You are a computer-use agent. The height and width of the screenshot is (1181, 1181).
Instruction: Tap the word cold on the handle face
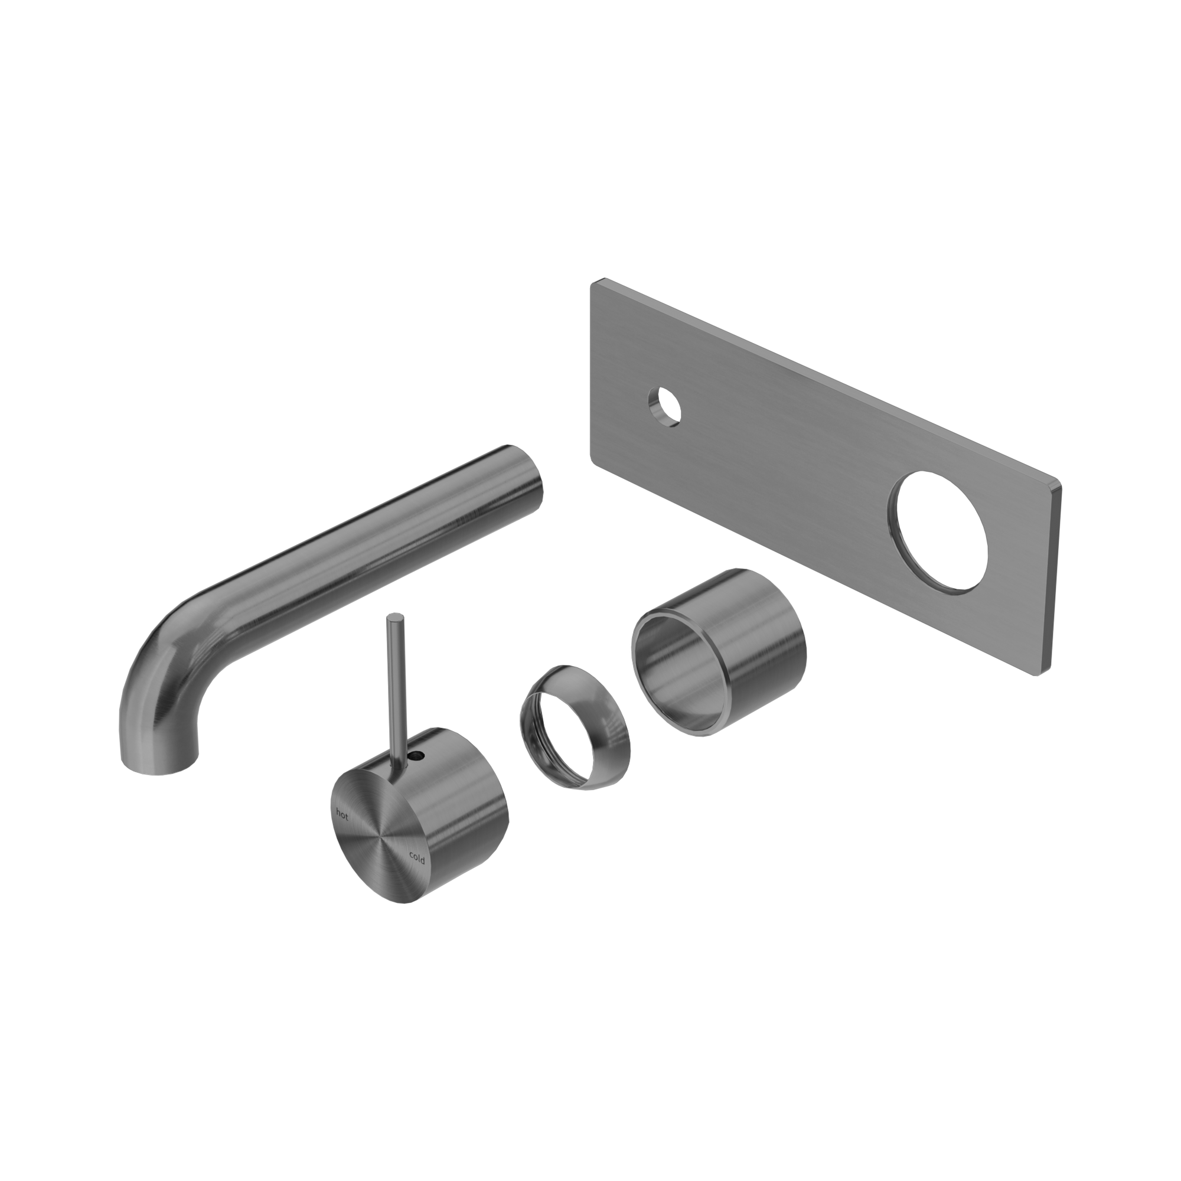(x=417, y=859)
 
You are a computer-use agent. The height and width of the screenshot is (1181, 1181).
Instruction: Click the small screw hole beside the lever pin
(x=417, y=756)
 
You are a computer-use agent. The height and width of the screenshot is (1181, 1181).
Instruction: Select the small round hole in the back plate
(x=665, y=404)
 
